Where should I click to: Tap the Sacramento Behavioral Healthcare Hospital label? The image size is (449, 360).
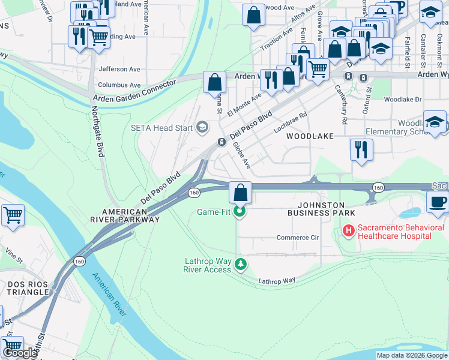pyautogui.click(x=400, y=232)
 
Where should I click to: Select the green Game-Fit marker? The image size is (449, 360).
pyautogui.click(x=240, y=212)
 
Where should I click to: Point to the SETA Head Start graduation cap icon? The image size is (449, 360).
pyautogui.click(x=202, y=127)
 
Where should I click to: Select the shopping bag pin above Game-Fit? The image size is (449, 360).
pyautogui.click(x=240, y=193)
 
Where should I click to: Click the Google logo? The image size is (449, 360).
pyautogui.click(x=20, y=353)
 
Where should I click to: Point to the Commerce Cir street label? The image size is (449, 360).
pyautogui.click(x=297, y=238)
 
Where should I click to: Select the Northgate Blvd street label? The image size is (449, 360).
pyautogui.click(x=98, y=132)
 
